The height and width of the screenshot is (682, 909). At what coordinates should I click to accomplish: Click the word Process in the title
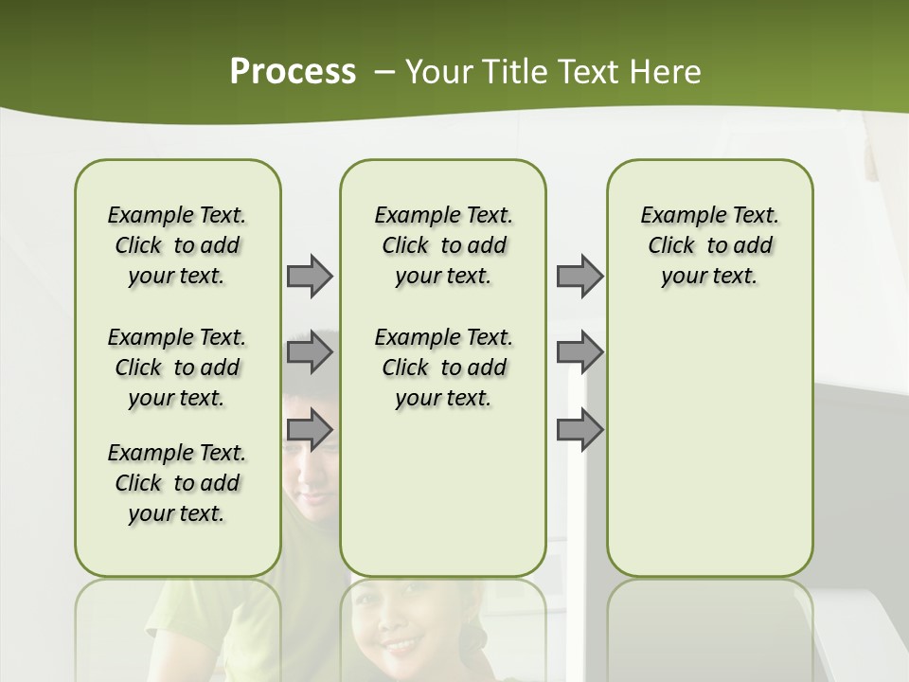tap(293, 71)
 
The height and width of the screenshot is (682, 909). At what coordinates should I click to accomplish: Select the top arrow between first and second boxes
tap(310, 276)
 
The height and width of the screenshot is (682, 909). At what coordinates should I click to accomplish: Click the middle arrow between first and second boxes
tap(310, 353)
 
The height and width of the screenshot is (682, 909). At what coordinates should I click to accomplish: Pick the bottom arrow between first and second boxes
tap(310, 431)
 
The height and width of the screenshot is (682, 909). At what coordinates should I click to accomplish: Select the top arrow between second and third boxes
tap(579, 276)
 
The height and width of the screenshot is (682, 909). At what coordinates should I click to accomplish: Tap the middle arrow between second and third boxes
tap(579, 353)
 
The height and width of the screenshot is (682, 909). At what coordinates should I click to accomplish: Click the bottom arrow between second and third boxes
tap(579, 431)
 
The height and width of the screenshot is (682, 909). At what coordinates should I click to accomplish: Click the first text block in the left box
tap(177, 245)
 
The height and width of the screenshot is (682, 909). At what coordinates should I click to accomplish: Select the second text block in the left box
tap(177, 368)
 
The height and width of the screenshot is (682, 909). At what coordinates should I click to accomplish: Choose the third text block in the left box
tap(177, 483)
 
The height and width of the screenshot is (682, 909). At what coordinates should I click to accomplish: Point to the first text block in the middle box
tap(443, 245)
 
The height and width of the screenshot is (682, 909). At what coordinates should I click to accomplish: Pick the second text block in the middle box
tap(443, 368)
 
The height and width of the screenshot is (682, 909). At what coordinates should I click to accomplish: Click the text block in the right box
tap(709, 245)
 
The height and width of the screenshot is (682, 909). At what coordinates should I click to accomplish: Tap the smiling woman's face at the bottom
tap(402, 630)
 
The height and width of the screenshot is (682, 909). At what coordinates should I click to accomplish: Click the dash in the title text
tap(383, 72)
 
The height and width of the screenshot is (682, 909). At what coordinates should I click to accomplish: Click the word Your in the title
tap(439, 71)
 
